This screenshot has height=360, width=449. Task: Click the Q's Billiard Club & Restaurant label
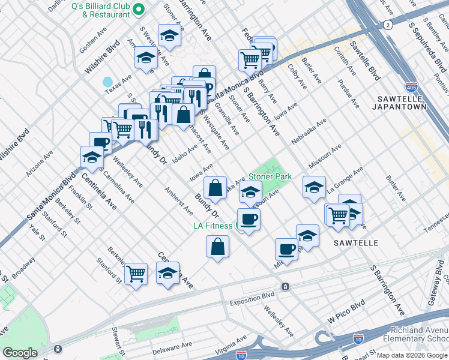coord(100,10)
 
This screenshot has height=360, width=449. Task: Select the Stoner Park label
coord(270,177)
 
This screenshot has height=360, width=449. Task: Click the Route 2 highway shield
coord(389,25)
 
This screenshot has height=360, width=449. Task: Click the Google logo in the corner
coord(20,352)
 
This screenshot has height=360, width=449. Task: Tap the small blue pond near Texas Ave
coord(107,82)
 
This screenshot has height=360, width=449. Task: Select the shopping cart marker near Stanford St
coord(136,274)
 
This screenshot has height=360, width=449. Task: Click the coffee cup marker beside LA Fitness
coord(249,218)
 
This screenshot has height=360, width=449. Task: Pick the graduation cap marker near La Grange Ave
coord(314,187)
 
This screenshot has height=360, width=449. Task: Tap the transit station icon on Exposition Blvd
coord(285,287)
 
